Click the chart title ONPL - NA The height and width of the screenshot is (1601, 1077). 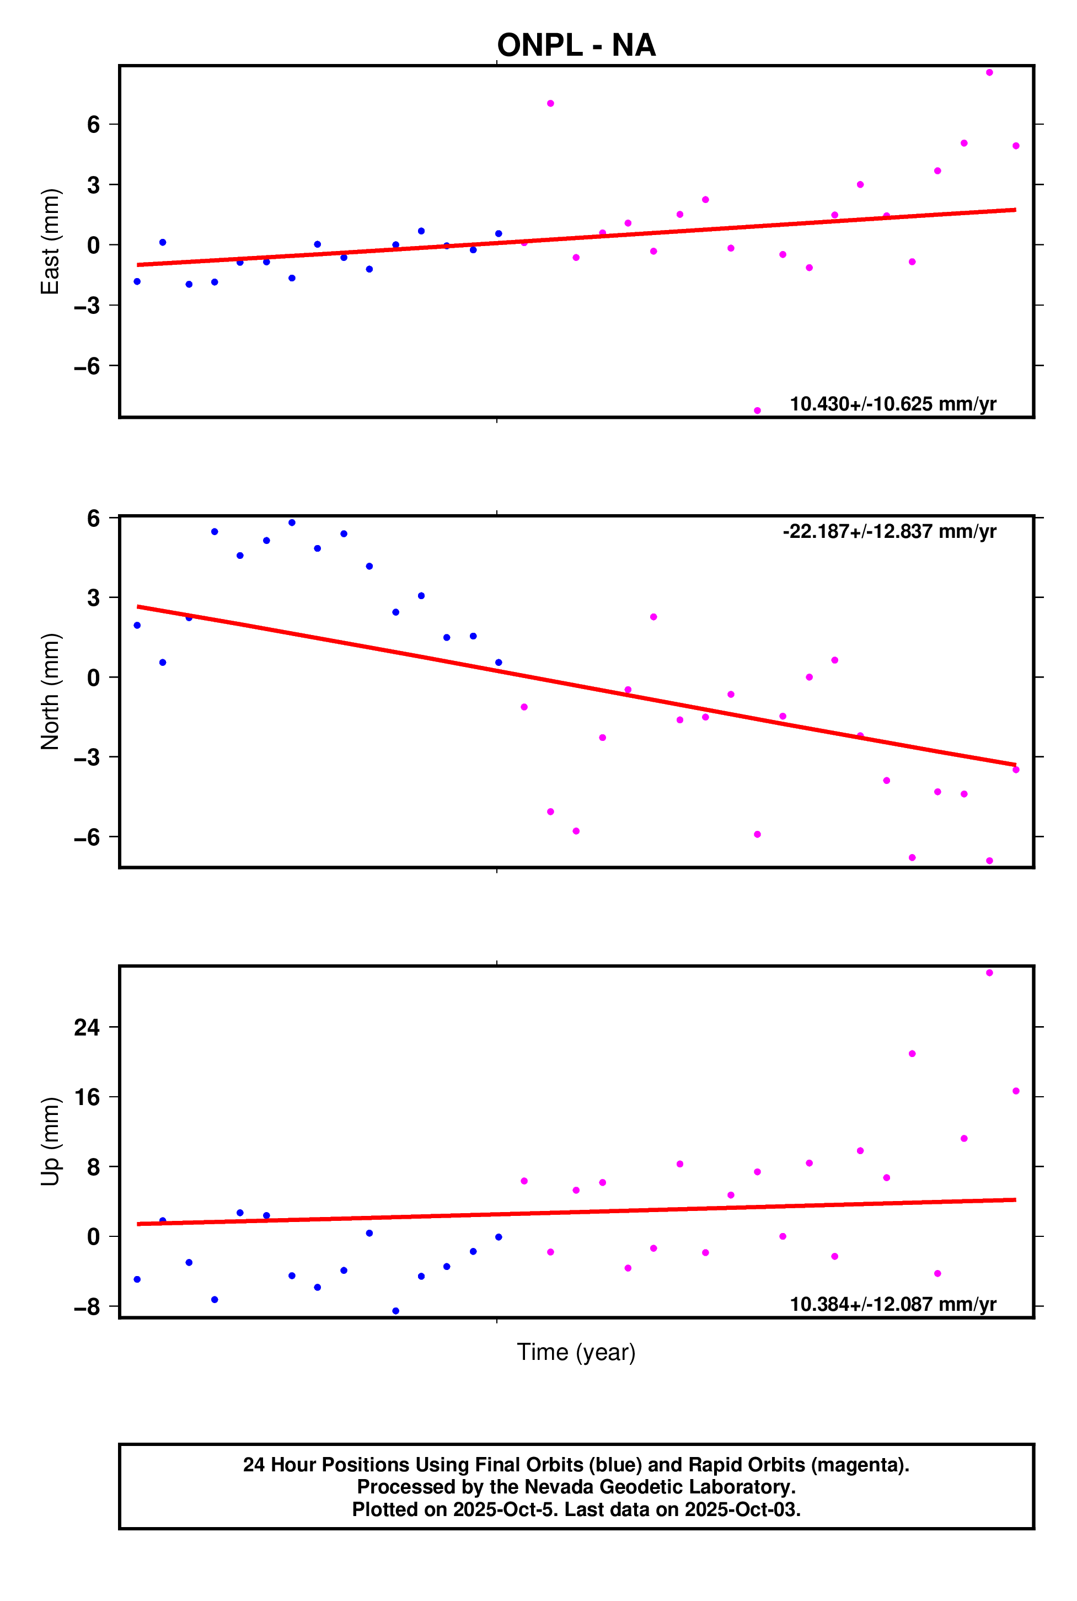coord(576,45)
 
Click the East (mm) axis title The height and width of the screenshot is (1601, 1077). coord(50,241)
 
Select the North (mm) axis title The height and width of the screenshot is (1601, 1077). coord(50,691)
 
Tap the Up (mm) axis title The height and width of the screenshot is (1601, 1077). coord(50,1141)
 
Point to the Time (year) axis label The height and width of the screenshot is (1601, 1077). coord(576,1352)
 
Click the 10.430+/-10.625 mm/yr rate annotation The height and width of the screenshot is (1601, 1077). coord(892,403)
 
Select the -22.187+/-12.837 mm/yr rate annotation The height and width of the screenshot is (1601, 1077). coord(889,531)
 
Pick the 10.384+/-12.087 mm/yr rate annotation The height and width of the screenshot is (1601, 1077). coord(892,1304)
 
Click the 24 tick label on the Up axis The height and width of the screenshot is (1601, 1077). coord(87,1027)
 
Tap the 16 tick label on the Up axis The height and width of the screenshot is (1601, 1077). coord(87,1097)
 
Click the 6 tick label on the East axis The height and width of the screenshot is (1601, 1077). coord(93,124)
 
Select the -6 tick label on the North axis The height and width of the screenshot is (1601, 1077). coord(87,837)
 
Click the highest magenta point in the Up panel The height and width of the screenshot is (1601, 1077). coord(989,973)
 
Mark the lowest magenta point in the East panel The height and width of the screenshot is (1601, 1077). coord(757,411)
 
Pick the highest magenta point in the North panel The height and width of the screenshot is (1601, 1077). coord(653,617)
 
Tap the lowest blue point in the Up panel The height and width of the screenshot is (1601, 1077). coord(395,1311)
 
